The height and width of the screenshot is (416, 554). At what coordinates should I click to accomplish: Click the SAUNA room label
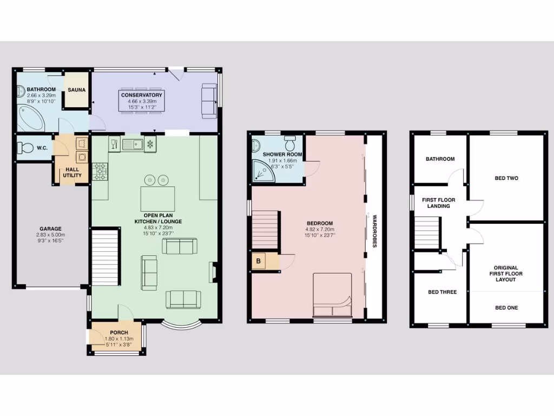tap(76, 90)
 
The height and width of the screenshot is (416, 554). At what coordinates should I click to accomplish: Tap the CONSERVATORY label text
tap(142, 95)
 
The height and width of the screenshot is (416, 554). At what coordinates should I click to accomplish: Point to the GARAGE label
tap(50, 229)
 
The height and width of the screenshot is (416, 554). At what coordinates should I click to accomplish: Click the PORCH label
tap(118, 333)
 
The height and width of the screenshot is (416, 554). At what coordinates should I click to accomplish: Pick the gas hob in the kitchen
tap(100, 172)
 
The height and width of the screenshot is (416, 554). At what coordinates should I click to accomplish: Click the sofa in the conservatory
tap(209, 100)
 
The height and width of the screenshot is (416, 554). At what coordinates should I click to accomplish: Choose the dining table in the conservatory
tap(142, 101)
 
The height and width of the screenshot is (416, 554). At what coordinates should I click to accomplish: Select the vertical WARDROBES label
tap(374, 231)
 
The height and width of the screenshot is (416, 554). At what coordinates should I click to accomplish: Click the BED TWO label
tap(506, 178)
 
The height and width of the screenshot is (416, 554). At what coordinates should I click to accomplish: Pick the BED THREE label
tap(442, 292)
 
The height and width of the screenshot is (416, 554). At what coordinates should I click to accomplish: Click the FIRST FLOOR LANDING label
tap(438, 203)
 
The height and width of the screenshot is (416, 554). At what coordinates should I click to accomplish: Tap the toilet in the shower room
tap(291, 144)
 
